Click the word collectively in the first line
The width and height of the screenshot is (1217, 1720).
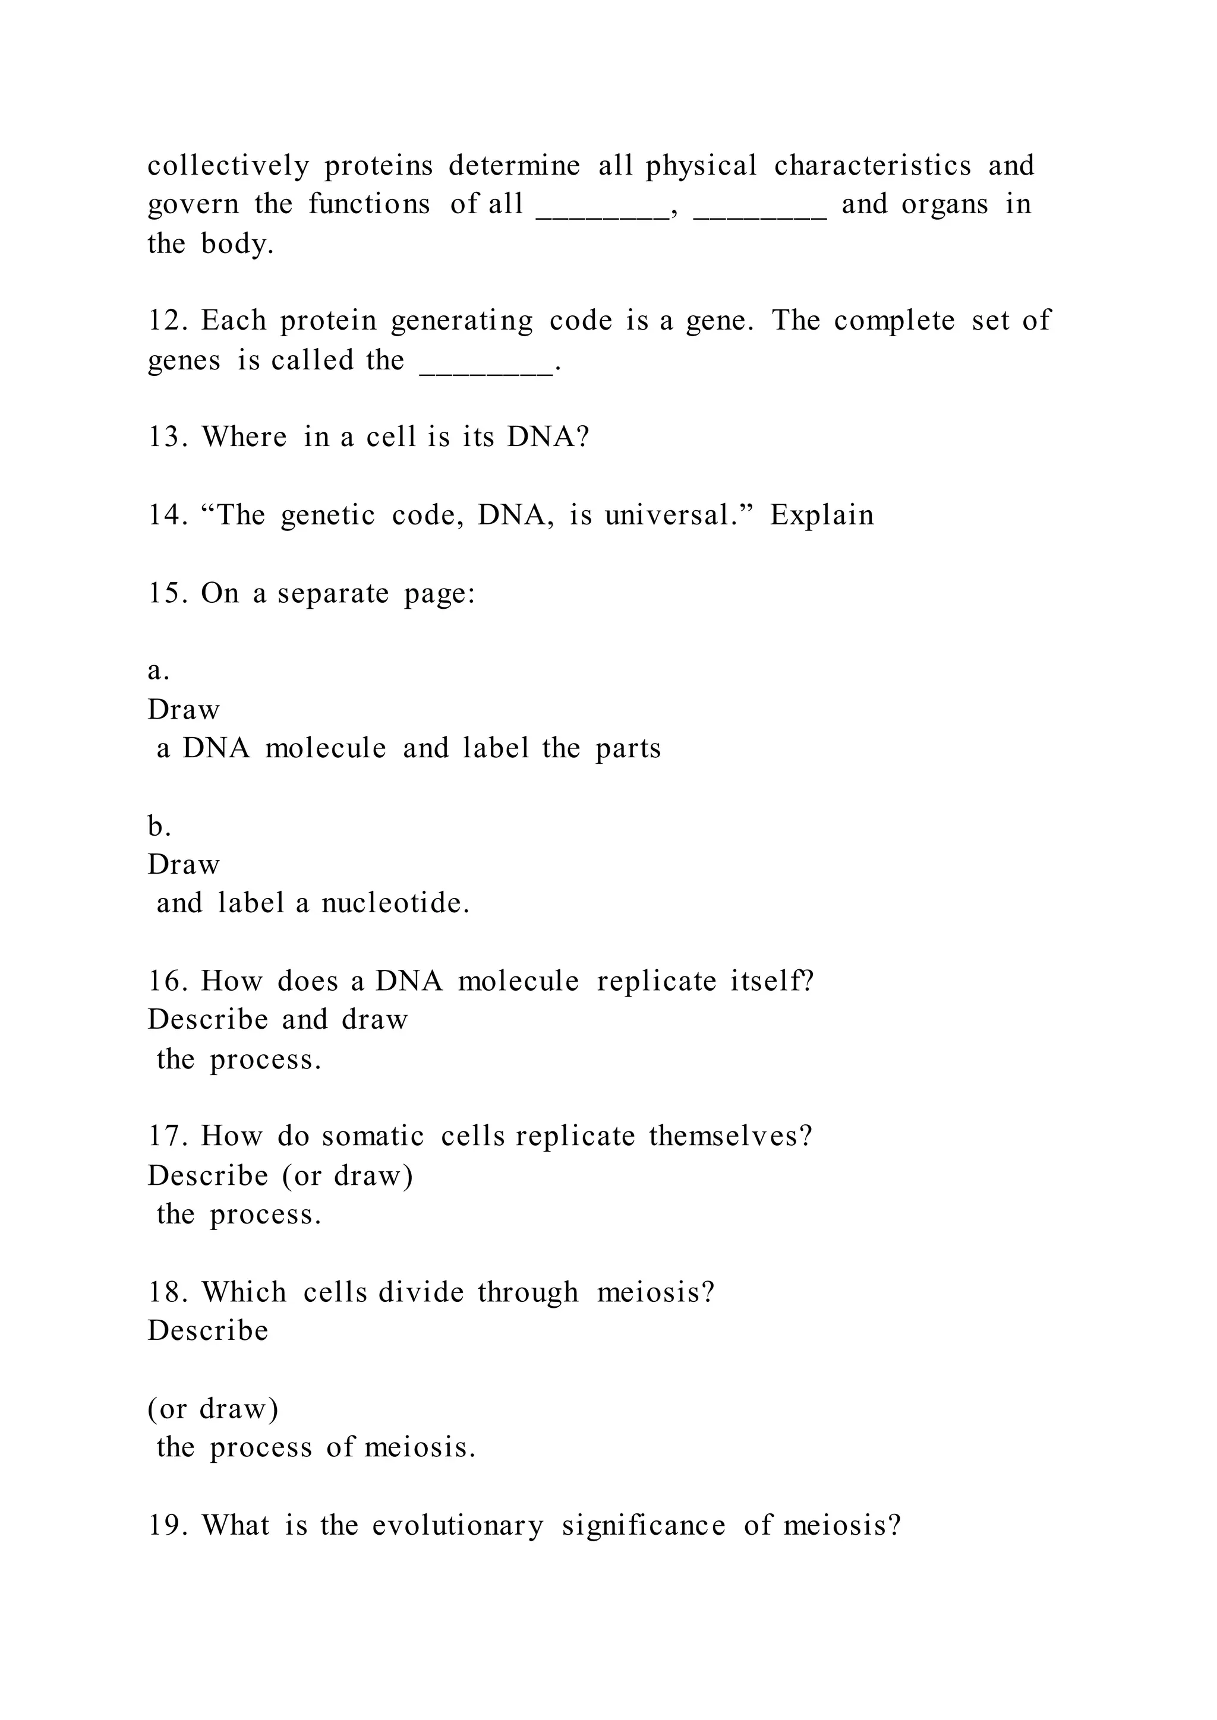tap(228, 166)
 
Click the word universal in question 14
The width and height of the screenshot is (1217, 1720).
tap(671, 516)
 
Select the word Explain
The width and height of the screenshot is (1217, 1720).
tap(822, 516)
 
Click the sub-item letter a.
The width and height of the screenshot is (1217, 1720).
tap(157, 671)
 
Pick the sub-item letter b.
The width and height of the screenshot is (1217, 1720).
tap(157, 826)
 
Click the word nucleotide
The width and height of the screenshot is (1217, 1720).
tap(395, 903)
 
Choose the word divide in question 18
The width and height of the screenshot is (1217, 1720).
tap(421, 1292)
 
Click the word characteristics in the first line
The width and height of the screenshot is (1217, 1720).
tap(872, 166)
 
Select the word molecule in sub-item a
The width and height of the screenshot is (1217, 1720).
tap(325, 748)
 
